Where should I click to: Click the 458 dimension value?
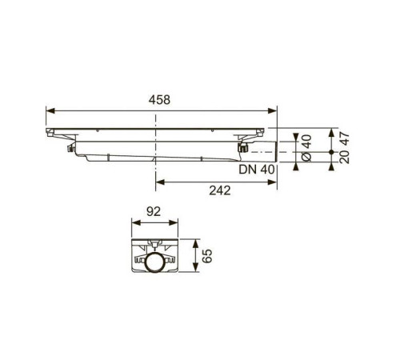tap(159, 100)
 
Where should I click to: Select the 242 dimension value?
tap(220, 190)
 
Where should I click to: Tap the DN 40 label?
tap(257, 170)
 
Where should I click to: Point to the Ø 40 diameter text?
tap(306, 148)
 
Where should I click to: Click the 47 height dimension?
tap(345, 138)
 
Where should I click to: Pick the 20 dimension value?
tap(345, 157)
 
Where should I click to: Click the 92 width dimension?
tap(154, 212)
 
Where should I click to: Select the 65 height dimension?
tap(207, 256)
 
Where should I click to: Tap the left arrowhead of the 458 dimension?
tap(50, 110)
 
